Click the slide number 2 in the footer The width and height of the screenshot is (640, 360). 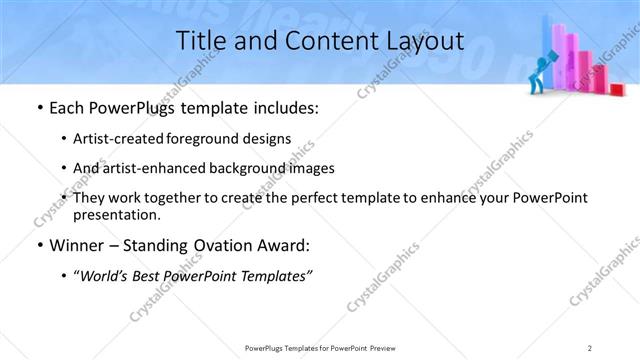click(590, 347)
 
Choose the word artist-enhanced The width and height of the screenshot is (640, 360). click(164, 168)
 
